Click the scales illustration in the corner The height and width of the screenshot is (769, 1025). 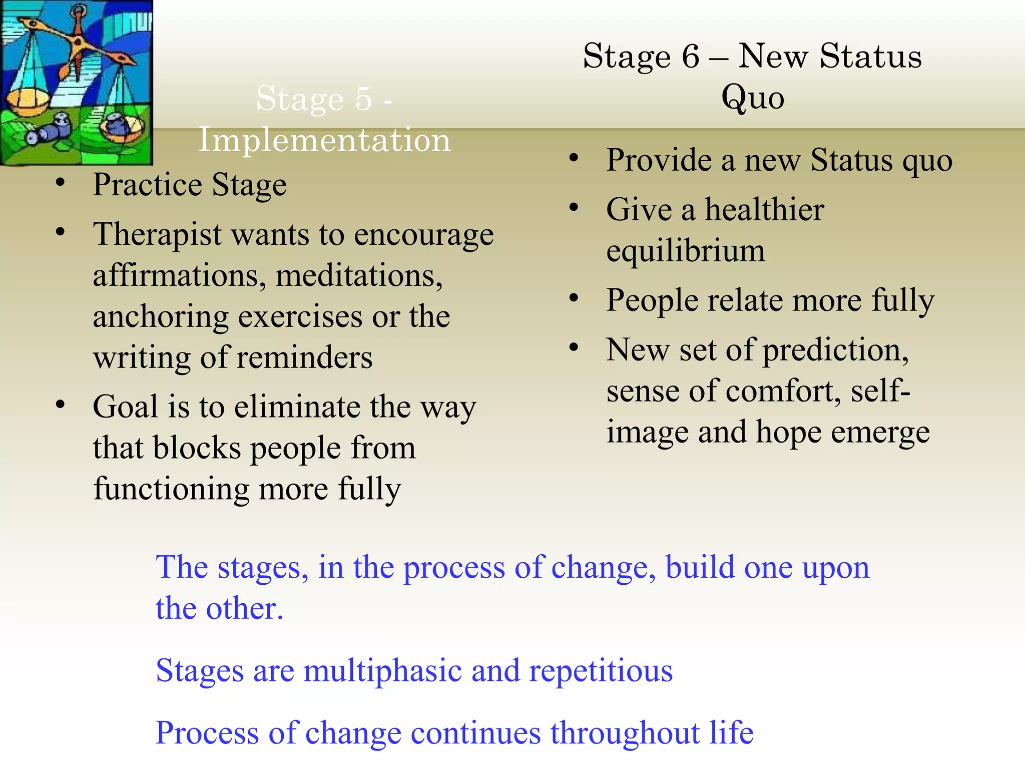(x=76, y=82)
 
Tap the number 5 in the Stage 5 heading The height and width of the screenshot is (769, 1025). (x=363, y=98)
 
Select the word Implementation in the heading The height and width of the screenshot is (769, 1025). (x=324, y=140)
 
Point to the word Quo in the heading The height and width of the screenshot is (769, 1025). (x=752, y=98)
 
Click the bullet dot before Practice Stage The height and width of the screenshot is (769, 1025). (x=61, y=183)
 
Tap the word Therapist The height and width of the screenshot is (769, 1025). (x=157, y=234)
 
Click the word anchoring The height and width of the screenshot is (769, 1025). (x=160, y=316)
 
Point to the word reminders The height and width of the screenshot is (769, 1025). (x=304, y=357)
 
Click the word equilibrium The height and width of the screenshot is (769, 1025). (x=686, y=250)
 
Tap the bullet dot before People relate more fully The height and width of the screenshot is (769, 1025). (x=574, y=299)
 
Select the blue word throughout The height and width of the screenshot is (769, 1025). (x=625, y=733)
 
